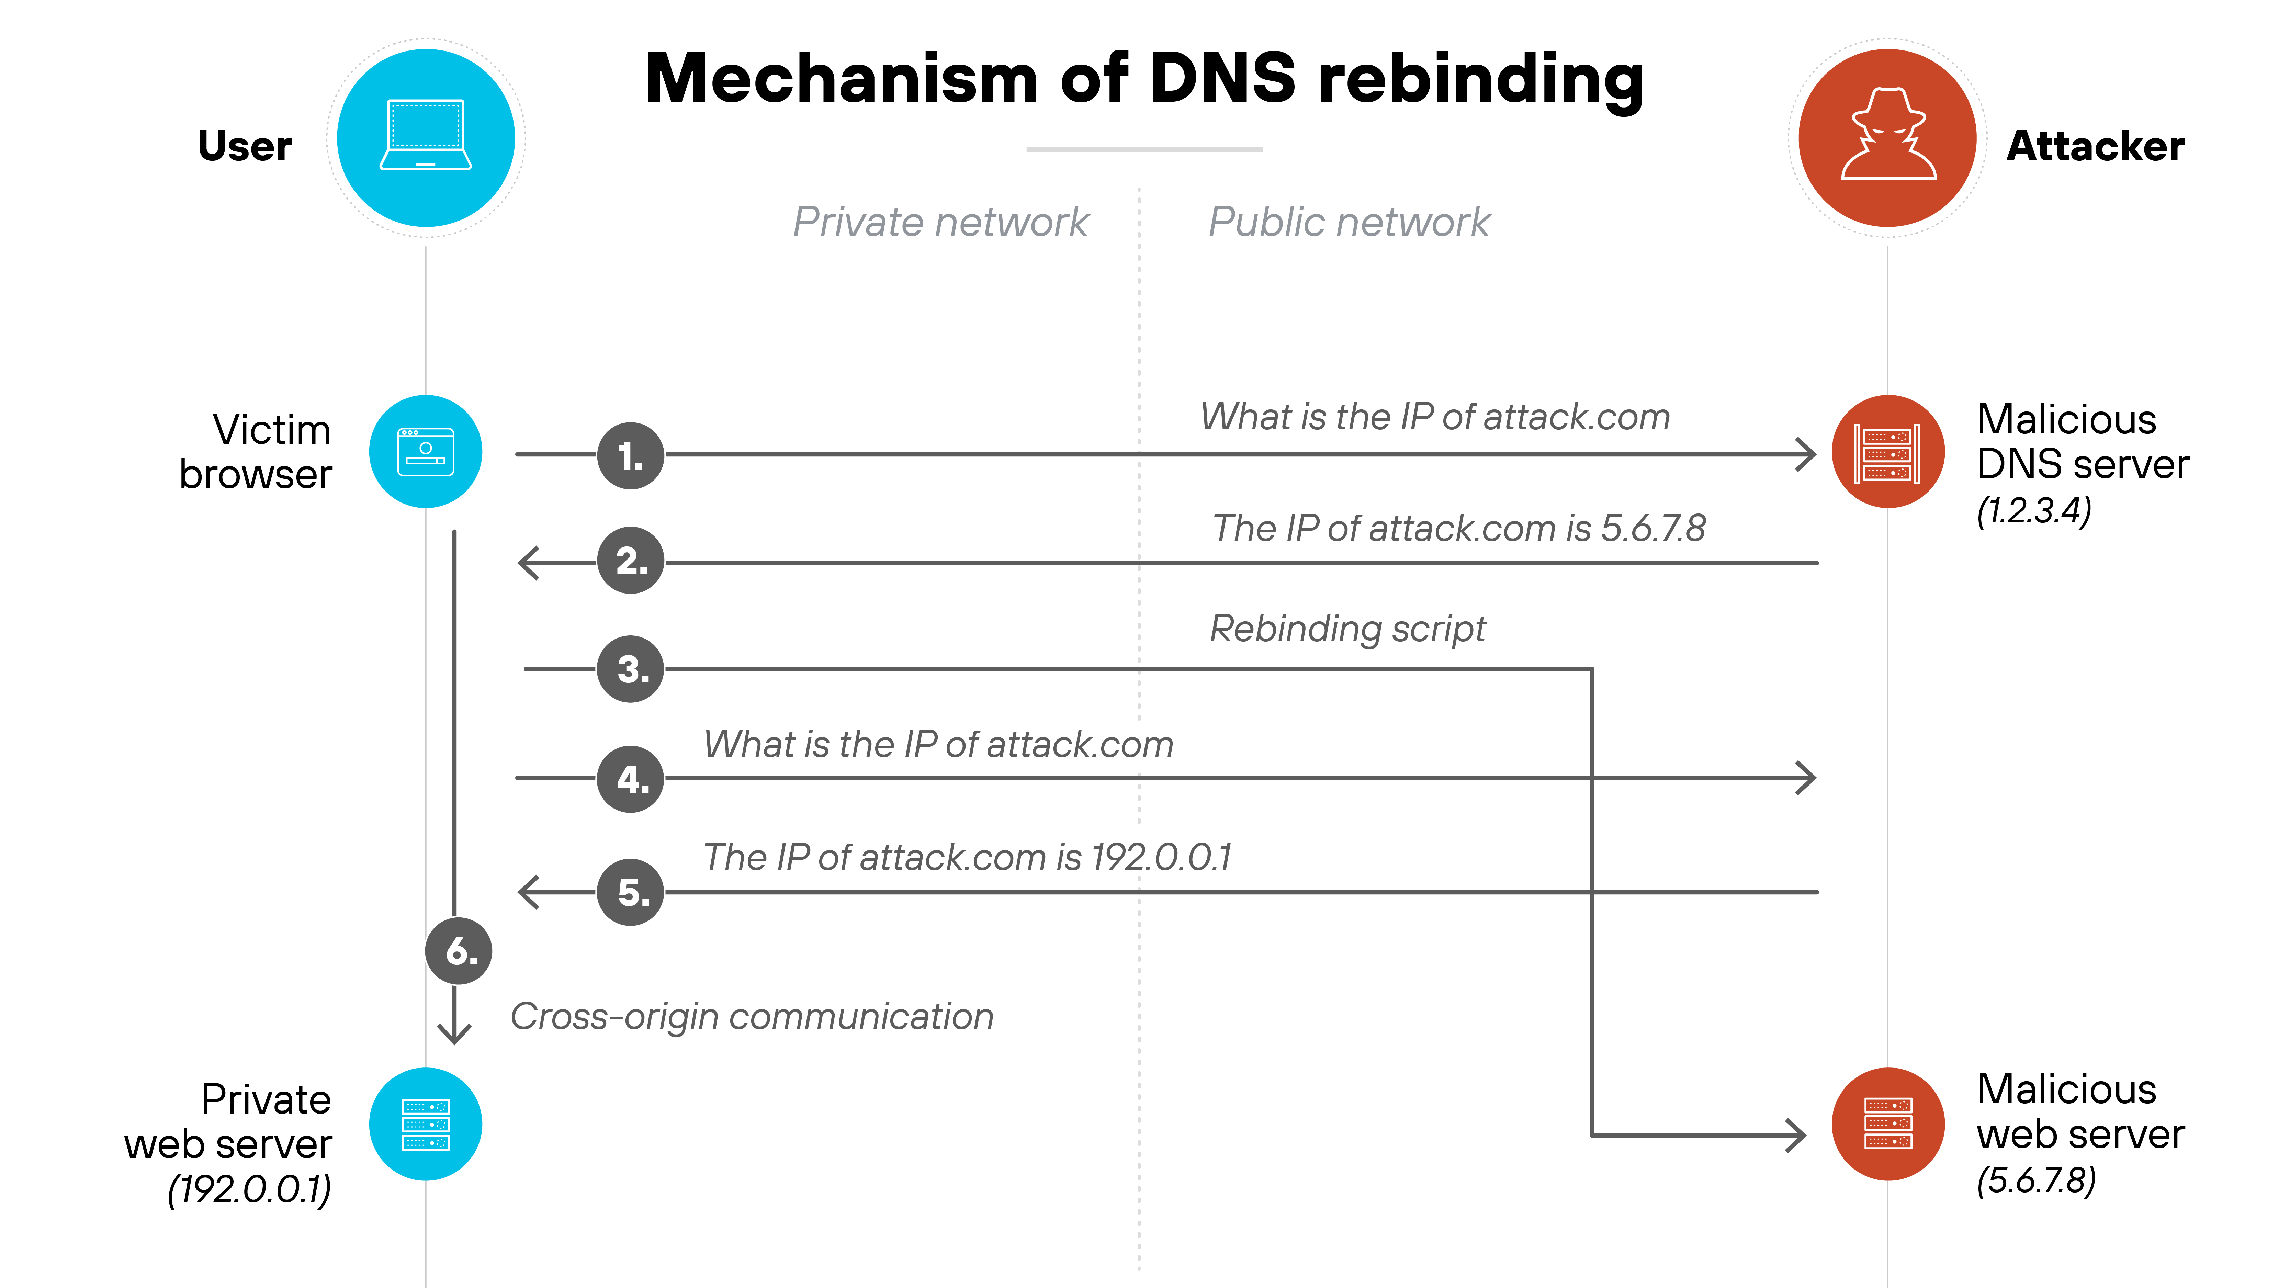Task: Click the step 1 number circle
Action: [630, 456]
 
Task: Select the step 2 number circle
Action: [630, 561]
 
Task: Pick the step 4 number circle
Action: [630, 779]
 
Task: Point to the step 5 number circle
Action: [630, 892]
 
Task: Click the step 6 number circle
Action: [459, 951]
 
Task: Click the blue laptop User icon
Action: [426, 138]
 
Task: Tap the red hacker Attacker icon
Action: [1887, 138]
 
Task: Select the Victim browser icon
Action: [426, 452]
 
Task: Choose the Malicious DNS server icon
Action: [1887, 452]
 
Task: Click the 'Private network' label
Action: [940, 222]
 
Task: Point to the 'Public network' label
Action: [1349, 222]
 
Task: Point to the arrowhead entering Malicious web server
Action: [1797, 1135]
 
